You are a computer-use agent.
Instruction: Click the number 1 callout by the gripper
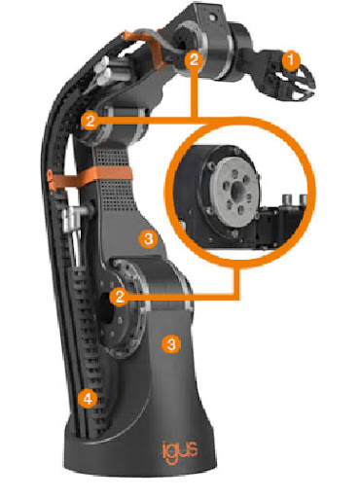tap(291, 60)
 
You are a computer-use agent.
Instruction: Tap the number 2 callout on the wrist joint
tap(194, 60)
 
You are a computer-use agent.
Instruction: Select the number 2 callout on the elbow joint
tap(90, 121)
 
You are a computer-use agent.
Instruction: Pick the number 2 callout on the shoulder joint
tap(120, 297)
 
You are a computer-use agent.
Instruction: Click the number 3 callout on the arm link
tap(148, 239)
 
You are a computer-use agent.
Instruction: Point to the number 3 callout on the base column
tap(171, 344)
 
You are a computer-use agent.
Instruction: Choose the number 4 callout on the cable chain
tap(88, 399)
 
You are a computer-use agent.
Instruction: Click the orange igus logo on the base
tap(180, 450)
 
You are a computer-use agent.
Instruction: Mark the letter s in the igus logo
tap(193, 449)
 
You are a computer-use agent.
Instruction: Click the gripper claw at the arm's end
tap(297, 81)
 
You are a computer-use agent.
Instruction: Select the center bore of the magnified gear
tap(237, 189)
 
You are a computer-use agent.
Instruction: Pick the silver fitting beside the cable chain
tap(72, 217)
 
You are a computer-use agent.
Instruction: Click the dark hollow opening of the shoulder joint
tap(105, 309)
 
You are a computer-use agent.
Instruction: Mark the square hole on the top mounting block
tap(213, 17)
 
